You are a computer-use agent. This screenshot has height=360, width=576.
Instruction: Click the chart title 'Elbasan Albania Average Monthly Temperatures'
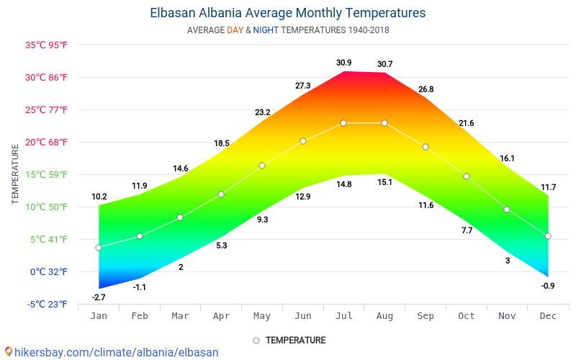288,13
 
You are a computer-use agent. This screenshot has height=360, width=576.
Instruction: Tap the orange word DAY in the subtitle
235,30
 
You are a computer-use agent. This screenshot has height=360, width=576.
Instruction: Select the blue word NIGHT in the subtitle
266,30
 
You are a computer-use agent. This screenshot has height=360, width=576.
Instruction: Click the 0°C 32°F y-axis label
48,271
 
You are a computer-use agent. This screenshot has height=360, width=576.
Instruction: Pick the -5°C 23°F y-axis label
47,304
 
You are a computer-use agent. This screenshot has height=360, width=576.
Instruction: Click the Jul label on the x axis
343,315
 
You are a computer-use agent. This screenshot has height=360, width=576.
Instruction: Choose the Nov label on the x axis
507,315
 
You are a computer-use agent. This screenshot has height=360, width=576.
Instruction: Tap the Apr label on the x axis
221,315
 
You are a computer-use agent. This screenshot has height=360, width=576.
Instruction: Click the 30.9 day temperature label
344,63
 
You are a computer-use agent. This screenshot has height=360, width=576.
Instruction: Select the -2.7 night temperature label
99,297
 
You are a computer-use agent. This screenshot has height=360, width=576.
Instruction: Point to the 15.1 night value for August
385,182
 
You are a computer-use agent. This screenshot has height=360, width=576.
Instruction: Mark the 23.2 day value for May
262,112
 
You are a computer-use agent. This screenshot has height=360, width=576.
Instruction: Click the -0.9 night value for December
548,286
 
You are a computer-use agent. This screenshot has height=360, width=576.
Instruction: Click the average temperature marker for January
99,248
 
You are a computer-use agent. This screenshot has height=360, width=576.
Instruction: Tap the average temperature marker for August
384,123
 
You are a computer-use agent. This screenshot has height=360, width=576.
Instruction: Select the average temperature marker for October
467,176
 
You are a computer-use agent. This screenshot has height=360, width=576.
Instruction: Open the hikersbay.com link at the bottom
111,352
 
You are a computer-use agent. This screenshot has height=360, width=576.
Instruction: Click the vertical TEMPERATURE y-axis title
15,173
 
